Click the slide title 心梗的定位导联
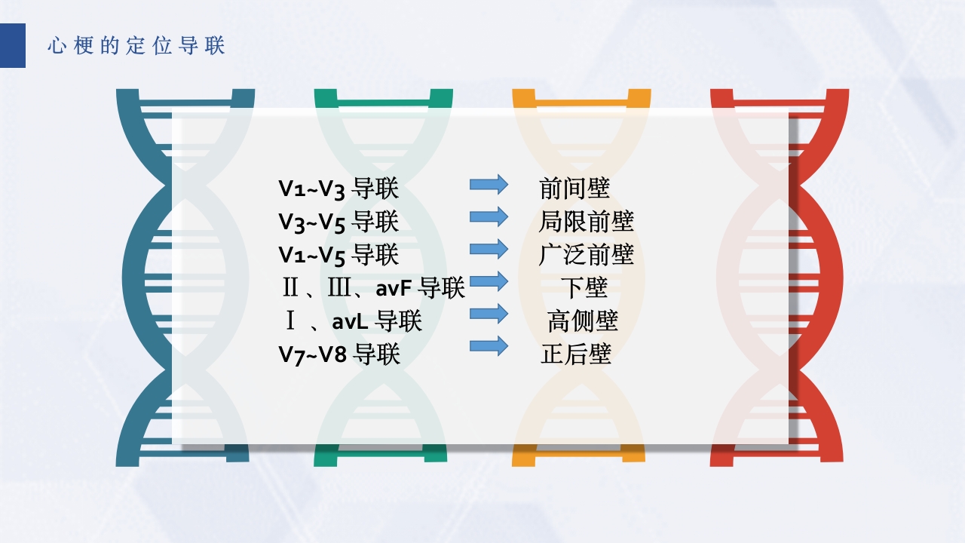(136, 46)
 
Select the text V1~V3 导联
(339, 189)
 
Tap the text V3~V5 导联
(339, 222)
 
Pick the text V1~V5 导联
(339, 255)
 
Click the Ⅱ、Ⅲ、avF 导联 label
(373, 287)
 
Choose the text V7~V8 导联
(339, 354)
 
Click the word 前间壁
(574, 189)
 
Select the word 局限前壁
(586, 222)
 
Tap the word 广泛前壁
(586, 255)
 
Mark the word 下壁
(584, 287)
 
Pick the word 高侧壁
(583, 321)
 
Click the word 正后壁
(575, 354)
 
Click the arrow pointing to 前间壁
(489, 184)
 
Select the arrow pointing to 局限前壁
(489, 216)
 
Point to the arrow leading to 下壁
(489, 281)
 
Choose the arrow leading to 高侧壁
(489, 313)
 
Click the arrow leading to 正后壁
(489, 346)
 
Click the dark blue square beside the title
(13, 45)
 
